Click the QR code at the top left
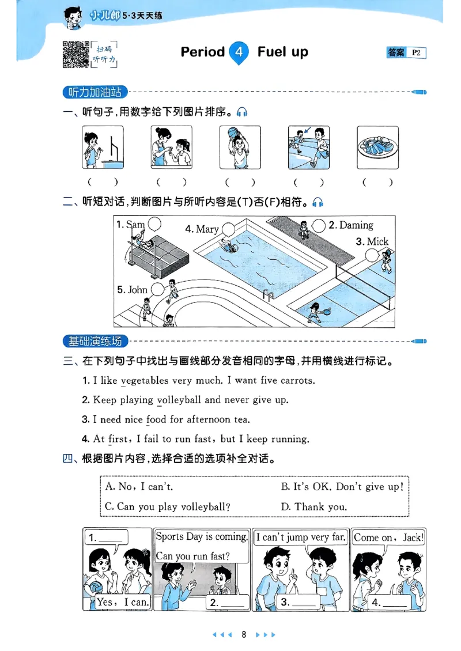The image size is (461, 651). [x=75, y=55]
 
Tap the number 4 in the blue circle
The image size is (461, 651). [x=239, y=52]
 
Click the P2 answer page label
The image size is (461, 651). [x=417, y=53]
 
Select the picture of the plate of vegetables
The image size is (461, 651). [x=377, y=147]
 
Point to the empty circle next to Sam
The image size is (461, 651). [x=155, y=224]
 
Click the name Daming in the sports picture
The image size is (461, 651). [x=356, y=225]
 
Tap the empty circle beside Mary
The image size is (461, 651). [x=228, y=229]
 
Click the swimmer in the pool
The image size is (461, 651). [x=229, y=247]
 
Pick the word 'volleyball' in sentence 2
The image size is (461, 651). [x=179, y=400]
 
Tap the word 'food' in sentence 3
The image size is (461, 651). [x=156, y=419]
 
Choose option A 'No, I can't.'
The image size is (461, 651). [x=139, y=487]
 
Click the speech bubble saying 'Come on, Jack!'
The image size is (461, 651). [x=388, y=538]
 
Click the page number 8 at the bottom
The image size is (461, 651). [x=244, y=634]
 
